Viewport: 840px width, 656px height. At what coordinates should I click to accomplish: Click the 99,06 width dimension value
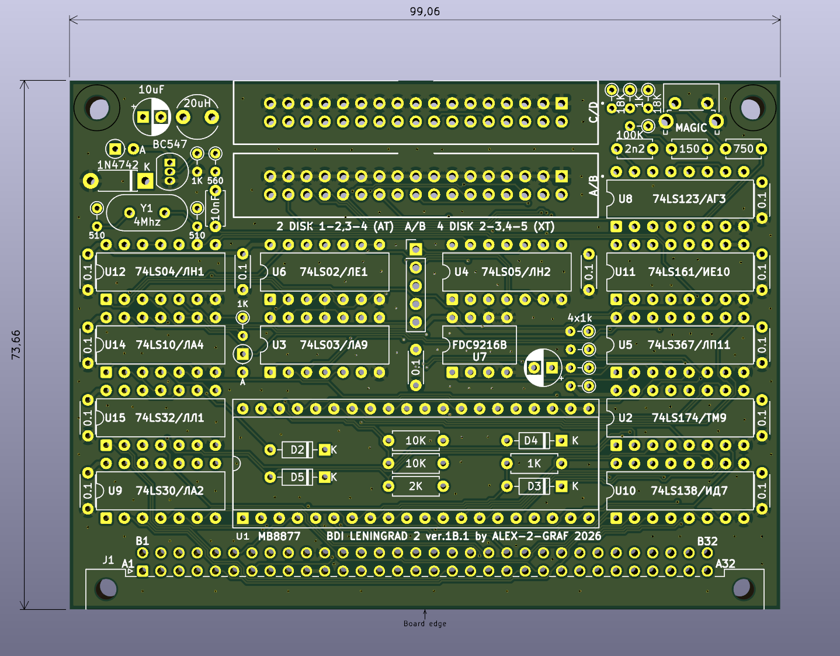(x=425, y=12)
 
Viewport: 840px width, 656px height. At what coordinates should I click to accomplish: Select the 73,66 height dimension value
(x=16, y=344)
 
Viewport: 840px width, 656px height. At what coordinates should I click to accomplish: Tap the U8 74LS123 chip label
(x=672, y=199)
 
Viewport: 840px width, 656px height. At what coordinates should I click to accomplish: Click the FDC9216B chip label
(x=479, y=345)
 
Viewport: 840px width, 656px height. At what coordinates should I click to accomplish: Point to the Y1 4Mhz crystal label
(x=147, y=215)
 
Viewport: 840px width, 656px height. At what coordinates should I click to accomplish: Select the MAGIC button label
(x=691, y=127)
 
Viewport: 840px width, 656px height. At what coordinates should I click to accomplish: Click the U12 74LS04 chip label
(x=154, y=272)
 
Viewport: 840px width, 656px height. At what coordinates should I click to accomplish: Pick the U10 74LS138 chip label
(x=671, y=491)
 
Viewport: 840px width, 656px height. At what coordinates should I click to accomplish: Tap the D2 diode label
(x=297, y=450)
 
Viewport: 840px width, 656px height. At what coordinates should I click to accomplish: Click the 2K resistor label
(x=415, y=486)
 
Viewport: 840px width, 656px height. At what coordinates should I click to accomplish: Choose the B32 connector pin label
(x=707, y=541)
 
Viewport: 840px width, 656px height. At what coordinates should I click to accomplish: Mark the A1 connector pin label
(x=128, y=564)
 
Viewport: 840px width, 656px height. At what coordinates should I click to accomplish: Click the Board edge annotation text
(x=425, y=624)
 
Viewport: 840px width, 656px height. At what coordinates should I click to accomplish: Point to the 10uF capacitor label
(x=151, y=89)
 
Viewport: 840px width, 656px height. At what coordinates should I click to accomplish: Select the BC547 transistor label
(x=170, y=144)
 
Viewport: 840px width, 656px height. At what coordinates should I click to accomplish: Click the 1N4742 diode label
(x=117, y=165)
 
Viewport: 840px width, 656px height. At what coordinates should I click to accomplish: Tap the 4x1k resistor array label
(x=579, y=318)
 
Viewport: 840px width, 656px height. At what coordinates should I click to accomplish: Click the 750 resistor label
(x=743, y=149)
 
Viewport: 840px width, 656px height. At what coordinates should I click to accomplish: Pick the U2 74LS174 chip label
(x=672, y=418)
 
